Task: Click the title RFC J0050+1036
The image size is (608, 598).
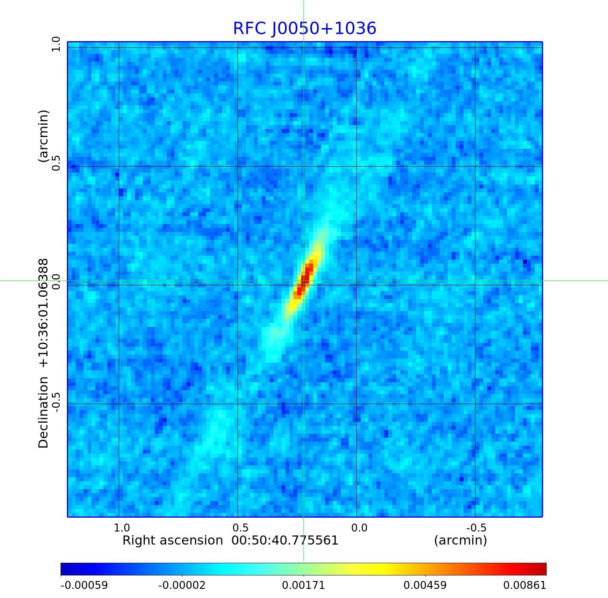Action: (304, 28)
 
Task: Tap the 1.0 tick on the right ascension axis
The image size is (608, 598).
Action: (122, 528)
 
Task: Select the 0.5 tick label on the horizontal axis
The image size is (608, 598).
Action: (241, 528)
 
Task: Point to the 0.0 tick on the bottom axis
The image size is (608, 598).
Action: (359, 528)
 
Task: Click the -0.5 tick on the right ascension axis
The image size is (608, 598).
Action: (476, 528)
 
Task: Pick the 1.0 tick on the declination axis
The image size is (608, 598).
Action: (56, 44)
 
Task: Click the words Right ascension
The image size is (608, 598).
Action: (173, 540)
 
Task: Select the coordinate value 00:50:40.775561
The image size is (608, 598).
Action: (285, 540)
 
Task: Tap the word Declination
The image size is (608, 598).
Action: (43, 412)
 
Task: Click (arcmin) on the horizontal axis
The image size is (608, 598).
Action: (460, 540)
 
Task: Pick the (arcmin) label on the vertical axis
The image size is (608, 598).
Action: (43, 136)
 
